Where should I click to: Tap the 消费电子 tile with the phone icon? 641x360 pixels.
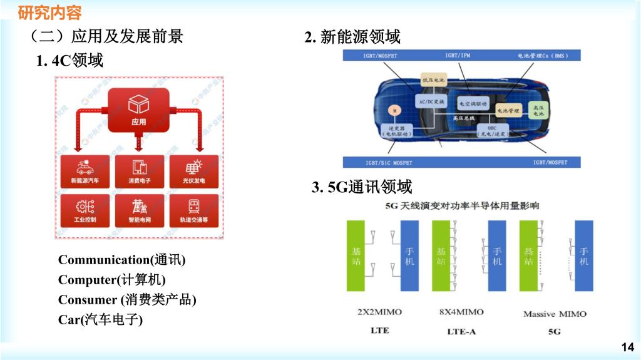139,172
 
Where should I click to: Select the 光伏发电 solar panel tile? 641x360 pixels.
193,172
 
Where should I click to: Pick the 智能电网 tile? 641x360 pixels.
139,210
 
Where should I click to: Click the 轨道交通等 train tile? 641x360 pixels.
193,210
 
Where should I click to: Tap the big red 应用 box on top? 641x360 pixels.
138,110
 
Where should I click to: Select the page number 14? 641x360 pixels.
627,347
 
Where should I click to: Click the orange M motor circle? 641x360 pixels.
395,110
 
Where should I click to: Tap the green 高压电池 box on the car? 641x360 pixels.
538,110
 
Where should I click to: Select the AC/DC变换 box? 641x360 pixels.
431,101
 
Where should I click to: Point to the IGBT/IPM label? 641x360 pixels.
458,56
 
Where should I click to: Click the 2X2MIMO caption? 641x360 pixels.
379,312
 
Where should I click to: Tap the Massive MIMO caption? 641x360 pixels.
555,313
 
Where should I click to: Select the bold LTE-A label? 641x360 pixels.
461,331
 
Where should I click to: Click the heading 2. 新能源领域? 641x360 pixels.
352,38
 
